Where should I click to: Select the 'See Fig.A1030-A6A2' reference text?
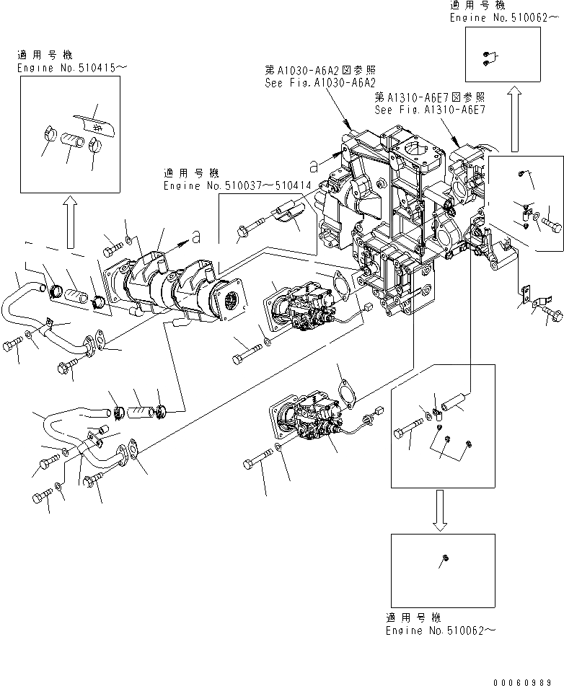(321, 83)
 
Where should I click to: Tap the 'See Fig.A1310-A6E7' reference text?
(430, 110)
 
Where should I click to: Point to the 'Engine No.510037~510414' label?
(231, 185)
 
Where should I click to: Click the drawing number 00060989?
(528, 680)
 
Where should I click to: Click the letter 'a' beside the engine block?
(313, 166)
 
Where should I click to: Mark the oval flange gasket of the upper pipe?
(94, 341)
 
